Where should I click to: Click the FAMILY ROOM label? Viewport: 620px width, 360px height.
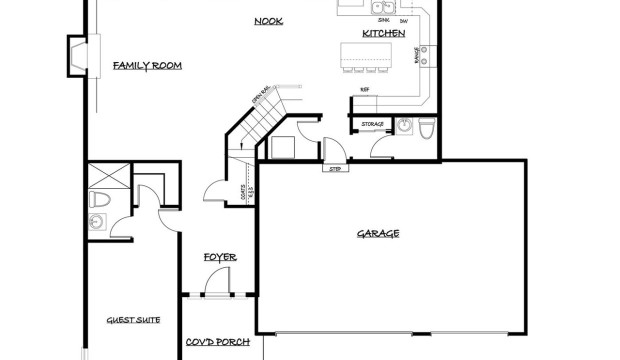pyautogui.click(x=147, y=66)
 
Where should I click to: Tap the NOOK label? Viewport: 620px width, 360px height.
pyautogui.click(x=268, y=21)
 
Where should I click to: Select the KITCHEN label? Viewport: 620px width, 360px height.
pyautogui.click(x=383, y=33)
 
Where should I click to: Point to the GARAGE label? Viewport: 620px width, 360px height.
pyautogui.click(x=378, y=233)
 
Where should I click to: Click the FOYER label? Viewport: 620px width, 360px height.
pyautogui.click(x=220, y=257)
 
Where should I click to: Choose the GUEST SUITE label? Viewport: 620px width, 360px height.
pyautogui.click(x=133, y=320)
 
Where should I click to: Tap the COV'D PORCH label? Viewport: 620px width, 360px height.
pyautogui.click(x=218, y=342)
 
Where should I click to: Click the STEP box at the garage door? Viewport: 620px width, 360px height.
pyautogui.click(x=335, y=168)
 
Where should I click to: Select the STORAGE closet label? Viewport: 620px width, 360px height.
pyautogui.click(x=372, y=124)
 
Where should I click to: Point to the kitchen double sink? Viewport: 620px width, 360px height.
pyautogui.click(x=383, y=7)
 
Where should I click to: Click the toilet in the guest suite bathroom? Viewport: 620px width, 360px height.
pyautogui.click(x=99, y=199)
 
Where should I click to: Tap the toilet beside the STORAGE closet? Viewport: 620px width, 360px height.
pyautogui.click(x=427, y=128)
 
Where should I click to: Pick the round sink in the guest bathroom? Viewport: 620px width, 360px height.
pyautogui.click(x=96, y=221)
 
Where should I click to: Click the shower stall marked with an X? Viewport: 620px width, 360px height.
pyautogui.click(x=109, y=176)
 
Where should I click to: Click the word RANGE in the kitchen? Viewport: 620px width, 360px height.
pyautogui.click(x=416, y=55)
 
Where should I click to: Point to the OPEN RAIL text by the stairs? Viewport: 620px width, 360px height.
pyautogui.click(x=261, y=94)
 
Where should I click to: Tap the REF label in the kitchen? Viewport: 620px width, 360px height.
pyautogui.click(x=365, y=89)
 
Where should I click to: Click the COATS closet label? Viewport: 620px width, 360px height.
pyautogui.click(x=243, y=192)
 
